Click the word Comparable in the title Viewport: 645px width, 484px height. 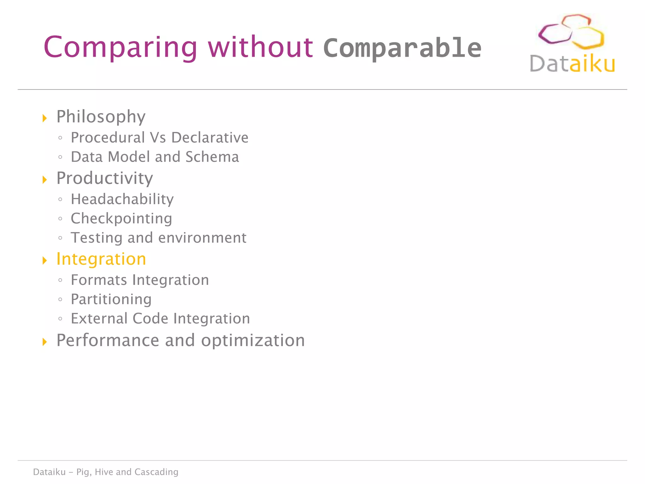402,48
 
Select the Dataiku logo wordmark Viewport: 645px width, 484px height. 572,64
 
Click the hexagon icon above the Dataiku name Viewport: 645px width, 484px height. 571,32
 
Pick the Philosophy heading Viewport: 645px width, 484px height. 101,117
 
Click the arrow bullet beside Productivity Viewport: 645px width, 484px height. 45,180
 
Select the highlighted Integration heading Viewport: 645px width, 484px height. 101,259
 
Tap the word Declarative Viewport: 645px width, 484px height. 210,138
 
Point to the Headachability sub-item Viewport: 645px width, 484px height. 122,199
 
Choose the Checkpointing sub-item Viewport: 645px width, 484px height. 121,218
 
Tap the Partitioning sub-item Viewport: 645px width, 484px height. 111,299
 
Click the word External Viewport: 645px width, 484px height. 99,319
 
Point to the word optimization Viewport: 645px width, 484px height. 253,340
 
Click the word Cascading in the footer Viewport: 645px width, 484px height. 156,472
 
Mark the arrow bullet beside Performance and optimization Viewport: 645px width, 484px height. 45,342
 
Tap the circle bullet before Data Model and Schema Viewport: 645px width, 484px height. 60,157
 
